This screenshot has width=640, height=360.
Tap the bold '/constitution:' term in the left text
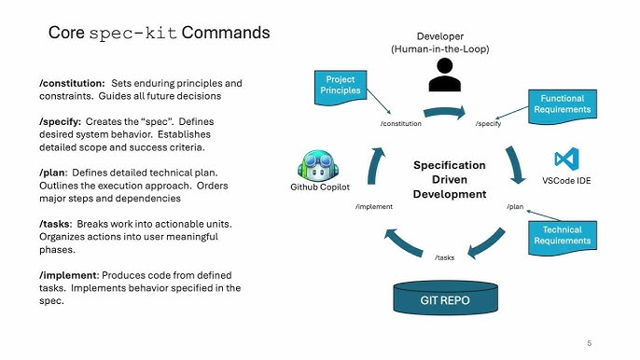65,83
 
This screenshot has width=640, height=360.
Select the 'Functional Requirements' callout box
562,104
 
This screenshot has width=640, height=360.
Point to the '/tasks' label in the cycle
444,257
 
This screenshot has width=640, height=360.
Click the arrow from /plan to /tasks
491,237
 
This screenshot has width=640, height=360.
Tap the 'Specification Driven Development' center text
450,180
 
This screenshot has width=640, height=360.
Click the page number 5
589,343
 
